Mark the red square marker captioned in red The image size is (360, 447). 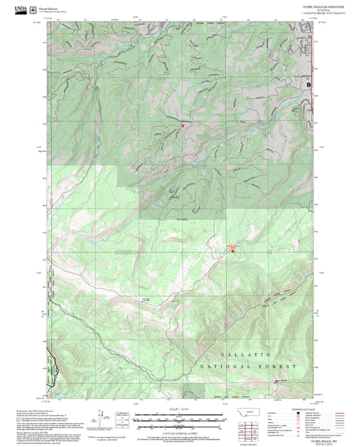[234, 249]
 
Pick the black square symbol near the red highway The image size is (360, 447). [309, 86]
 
